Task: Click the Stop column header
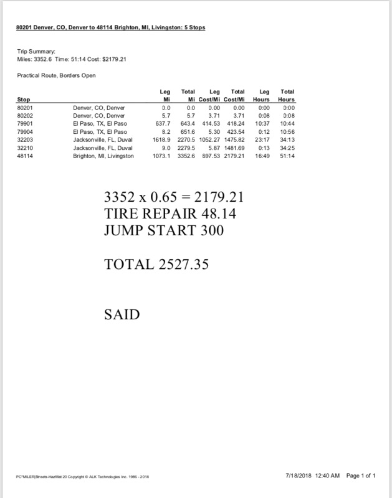[x=22, y=100]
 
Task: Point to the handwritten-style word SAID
[x=121, y=314]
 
